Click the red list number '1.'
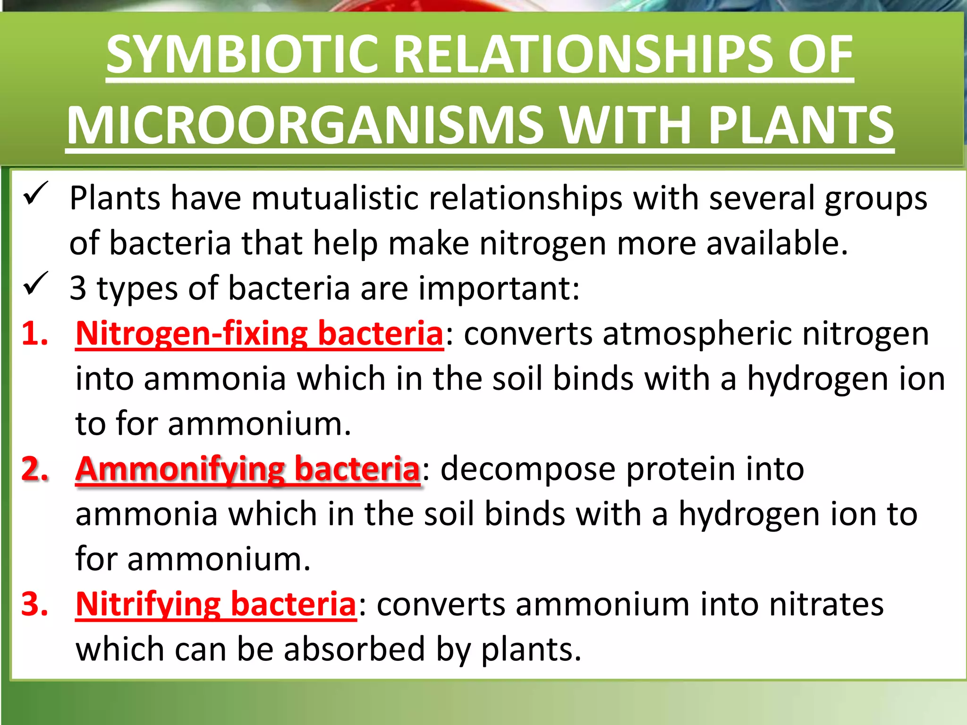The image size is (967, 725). point(35,334)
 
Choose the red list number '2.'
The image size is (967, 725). point(35,469)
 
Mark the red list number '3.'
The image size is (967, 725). point(35,604)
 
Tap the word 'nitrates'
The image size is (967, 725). point(826,604)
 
